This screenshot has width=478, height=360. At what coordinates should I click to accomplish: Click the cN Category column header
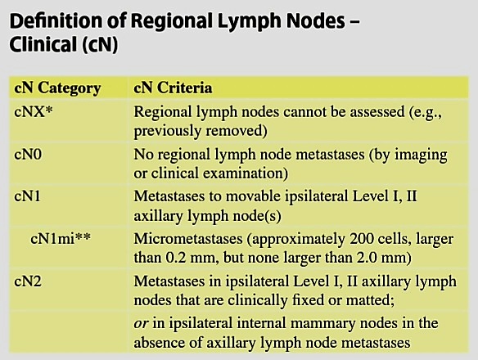(x=57, y=88)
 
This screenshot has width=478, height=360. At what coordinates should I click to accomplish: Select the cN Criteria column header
(x=173, y=88)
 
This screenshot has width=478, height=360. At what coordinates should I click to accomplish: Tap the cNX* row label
(x=34, y=111)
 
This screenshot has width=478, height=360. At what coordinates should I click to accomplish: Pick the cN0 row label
(x=28, y=155)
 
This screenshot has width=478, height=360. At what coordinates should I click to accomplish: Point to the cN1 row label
(x=27, y=196)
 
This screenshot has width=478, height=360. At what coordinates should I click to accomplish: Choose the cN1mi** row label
(x=61, y=239)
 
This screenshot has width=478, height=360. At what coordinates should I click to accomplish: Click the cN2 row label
(x=28, y=281)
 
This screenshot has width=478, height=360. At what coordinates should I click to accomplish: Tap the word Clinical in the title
(x=43, y=44)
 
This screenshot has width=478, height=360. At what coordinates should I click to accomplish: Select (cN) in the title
(x=99, y=45)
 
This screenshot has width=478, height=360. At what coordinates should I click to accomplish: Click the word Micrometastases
(x=188, y=239)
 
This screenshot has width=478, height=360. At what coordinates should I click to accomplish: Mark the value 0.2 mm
(x=192, y=258)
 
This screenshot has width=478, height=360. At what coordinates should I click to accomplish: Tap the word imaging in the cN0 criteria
(x=421, y=155)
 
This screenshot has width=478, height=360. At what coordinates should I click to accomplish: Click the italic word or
(x=141, y=324)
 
